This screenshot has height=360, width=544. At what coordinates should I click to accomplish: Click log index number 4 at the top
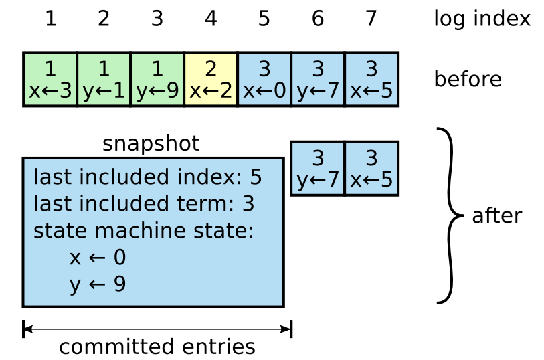[211, 19]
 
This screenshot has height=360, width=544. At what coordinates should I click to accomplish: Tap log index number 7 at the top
[371, 19]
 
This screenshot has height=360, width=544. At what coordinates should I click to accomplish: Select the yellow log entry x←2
[211, 80]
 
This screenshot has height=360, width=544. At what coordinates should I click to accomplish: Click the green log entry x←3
[50, 80]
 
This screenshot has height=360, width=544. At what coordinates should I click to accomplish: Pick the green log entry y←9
[157, 80]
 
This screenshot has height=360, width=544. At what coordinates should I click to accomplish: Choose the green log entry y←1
[104, 80]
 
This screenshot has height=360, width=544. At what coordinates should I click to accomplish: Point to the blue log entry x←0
[264, 80]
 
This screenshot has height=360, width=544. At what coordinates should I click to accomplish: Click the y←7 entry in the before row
[318, 80]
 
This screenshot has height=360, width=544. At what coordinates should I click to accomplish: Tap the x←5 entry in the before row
[371, 80]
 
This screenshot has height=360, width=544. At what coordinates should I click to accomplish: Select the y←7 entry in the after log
[318, 169]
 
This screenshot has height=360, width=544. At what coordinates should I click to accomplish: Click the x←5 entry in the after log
[371, 169]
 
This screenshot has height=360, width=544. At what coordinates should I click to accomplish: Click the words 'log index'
[482, 19]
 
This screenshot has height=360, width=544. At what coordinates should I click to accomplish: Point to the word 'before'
[468, 80]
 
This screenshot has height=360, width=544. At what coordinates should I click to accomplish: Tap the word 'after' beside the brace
[496, 216]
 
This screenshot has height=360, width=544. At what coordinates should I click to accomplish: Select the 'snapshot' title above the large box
[151, 144]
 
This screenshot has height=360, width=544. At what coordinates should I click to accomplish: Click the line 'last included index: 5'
[147, 177]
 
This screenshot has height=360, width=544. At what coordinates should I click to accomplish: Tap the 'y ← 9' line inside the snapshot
[98, 284]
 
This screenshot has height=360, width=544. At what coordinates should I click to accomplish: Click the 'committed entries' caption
[157, 347]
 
